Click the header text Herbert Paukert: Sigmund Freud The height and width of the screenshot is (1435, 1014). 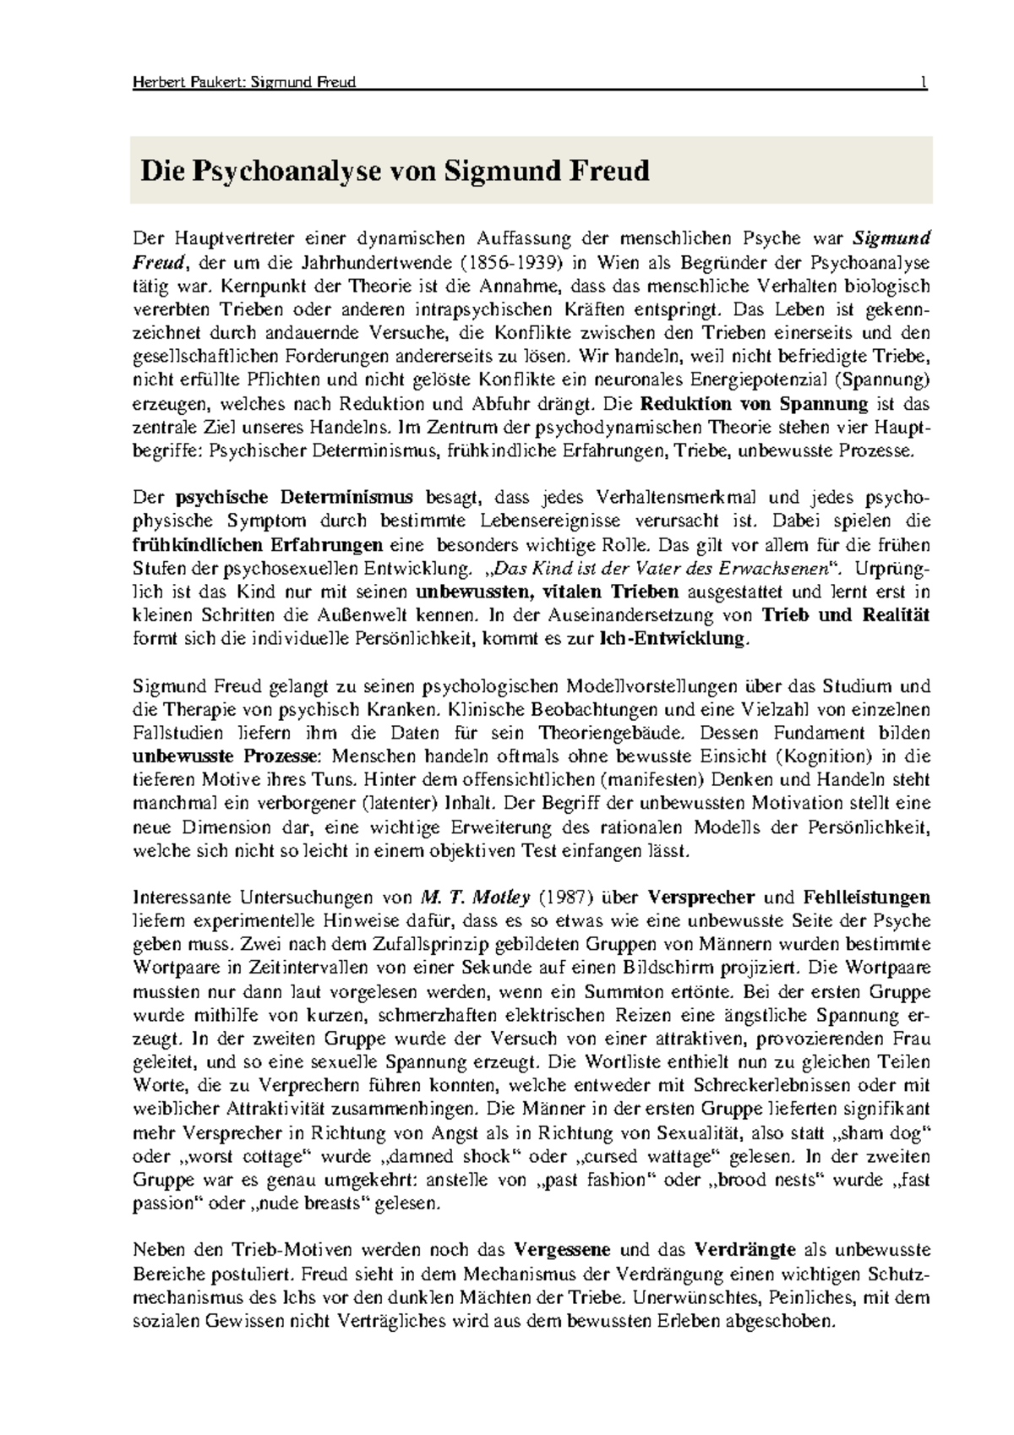point(245,82)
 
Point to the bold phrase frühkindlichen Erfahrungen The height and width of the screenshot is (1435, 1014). point(259,543)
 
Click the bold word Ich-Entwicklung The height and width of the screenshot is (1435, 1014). point(673,638)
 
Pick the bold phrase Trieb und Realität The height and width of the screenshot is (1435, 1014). point(845,614)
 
